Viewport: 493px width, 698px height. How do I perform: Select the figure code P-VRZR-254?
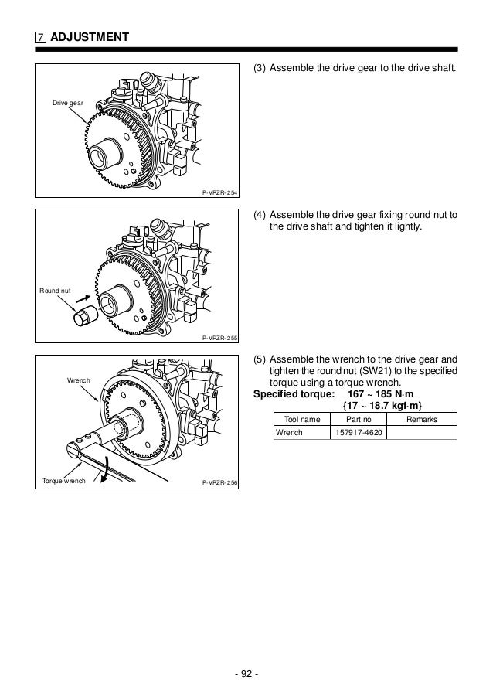click(x=219, y=192)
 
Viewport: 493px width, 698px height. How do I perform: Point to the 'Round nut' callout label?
click(x=55, y=291)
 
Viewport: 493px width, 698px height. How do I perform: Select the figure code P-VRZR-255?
click(x=219, y=338)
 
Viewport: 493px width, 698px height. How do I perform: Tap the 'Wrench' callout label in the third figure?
click(x=79, y=382)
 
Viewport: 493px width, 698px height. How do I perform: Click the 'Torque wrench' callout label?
click(x=63, y=482)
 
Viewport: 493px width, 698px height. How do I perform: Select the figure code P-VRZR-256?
click(x=219, y=482)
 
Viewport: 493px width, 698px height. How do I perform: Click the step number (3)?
click(x=260, y=68)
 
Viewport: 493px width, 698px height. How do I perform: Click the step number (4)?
click(x=260, y=214)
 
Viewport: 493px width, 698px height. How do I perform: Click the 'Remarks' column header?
click(x=421, y=419)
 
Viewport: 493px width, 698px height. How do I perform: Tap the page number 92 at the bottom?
click(x=246, y=670)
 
